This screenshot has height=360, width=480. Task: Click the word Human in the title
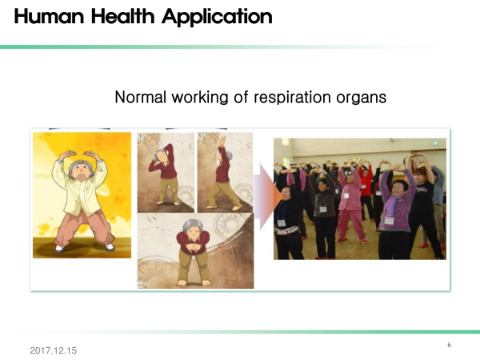49,16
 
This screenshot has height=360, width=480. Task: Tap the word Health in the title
122,16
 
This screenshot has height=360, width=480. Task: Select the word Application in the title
217,17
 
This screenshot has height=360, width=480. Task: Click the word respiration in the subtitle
292,98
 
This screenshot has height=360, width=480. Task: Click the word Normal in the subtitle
141,97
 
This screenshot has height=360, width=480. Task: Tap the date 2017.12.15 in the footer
54,350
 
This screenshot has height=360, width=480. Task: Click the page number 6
449,345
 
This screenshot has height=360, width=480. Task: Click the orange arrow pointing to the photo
267,197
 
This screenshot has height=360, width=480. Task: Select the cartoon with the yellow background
82,195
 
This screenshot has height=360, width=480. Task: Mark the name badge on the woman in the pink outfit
346,196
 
